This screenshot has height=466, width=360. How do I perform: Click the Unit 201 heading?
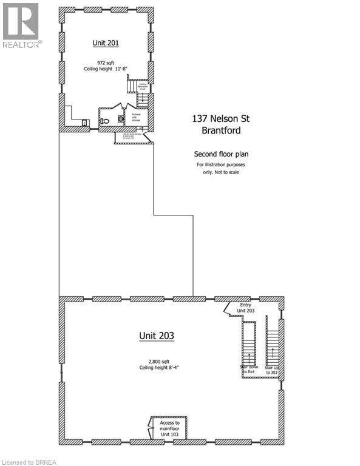tap(106, 42)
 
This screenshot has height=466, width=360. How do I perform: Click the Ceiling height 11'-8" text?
tap(106, 69)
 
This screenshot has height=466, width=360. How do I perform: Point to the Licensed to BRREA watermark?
tap(30, 462)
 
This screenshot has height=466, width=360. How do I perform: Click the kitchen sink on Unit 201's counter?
tap(84, 123)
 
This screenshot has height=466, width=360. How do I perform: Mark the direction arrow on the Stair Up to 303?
tap(273, 352)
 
